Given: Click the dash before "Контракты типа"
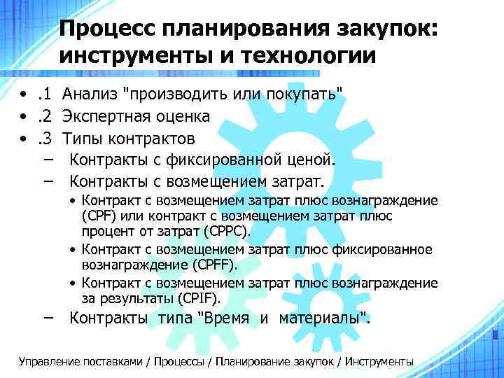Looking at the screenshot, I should click(46, 318).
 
